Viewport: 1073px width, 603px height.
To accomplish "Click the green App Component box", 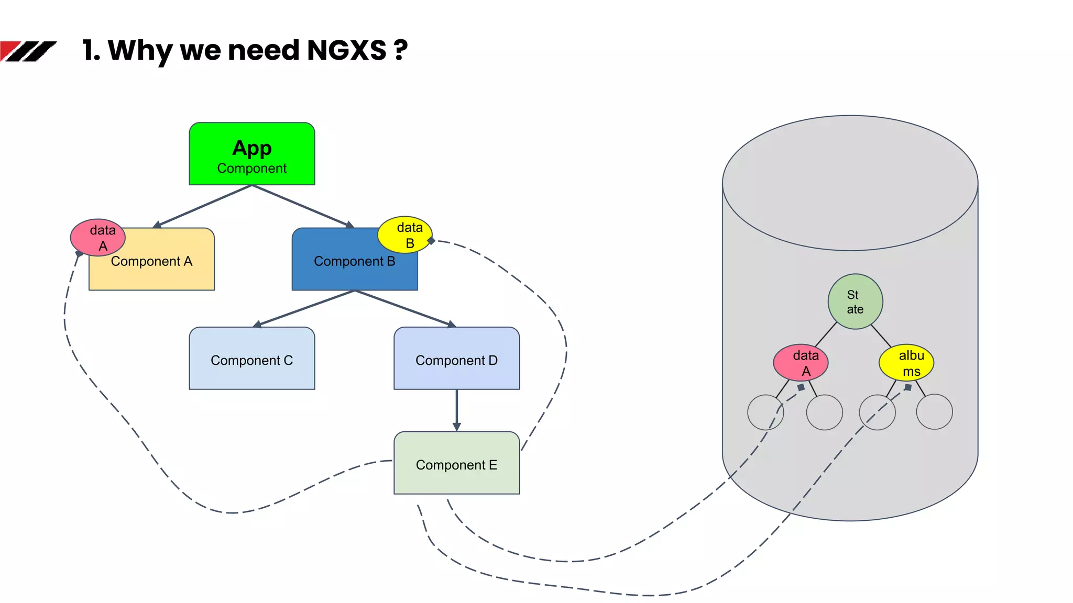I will (x=251, y=154).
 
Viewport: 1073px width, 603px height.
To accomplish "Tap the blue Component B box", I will (x=346, y=267).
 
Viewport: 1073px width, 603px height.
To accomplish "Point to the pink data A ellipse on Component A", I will (x=98, y=237).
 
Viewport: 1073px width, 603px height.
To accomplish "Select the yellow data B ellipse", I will (x=404, y=234).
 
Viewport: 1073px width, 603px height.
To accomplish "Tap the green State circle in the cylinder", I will (x=855, y=301).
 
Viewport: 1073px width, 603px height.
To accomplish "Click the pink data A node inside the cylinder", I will (x=801, y=362).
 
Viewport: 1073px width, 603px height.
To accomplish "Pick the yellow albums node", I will (x=906, y=362).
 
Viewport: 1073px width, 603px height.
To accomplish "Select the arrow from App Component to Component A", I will (x=204, y=206).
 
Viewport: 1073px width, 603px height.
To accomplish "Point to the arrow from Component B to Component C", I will (x=304, y=309).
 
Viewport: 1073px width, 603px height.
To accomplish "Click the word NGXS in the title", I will (x=346, y=51).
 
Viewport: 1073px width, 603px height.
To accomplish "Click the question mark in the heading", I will (x=401, y=51).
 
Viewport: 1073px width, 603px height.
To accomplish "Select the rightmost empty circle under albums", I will (x=934, y=412).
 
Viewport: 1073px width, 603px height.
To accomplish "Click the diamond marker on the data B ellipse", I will (x=431, y=241).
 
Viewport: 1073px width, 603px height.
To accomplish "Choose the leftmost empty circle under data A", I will (x=765, y=412).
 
